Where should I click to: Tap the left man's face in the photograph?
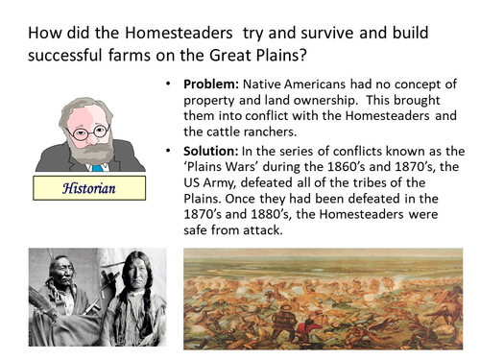click(60, 272)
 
